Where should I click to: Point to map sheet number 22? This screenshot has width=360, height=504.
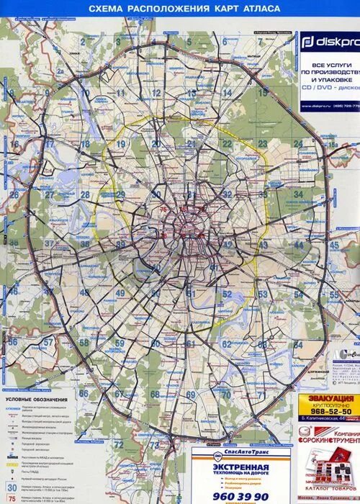point(228,144)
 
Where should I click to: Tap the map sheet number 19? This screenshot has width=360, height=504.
point(120,144)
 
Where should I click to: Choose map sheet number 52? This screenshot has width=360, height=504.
point(228,294)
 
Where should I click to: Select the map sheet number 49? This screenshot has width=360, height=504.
point(120,293)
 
